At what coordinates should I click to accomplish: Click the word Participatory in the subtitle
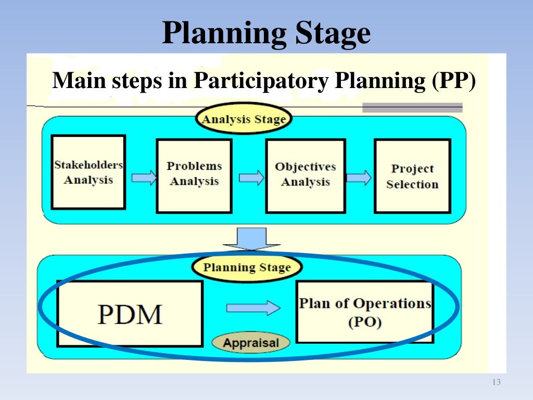click(262, 82)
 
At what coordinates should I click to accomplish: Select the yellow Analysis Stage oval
click(244, 119)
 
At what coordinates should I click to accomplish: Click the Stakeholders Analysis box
click(88, 172)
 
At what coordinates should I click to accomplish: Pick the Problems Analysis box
click(194, 176)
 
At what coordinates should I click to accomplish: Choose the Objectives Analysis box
click(305, 176)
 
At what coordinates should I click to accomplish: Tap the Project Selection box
click(412, 176)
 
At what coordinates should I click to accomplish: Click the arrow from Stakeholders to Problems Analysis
click(144, 178)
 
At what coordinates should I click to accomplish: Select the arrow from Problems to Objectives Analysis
click(251, 178)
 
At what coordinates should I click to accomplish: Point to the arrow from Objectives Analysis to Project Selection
click(359, 178)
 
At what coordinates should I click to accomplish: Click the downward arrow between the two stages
click(251, 239)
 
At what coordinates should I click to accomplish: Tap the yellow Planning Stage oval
click(247, 268)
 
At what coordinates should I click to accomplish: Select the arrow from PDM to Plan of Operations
click(253, 308)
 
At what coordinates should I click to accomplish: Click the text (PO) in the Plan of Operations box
click(364, 322)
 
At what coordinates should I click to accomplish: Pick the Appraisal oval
click(251, 343)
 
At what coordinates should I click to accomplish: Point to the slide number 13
click(496, 383)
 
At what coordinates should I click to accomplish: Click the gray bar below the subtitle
click(412, 108)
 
